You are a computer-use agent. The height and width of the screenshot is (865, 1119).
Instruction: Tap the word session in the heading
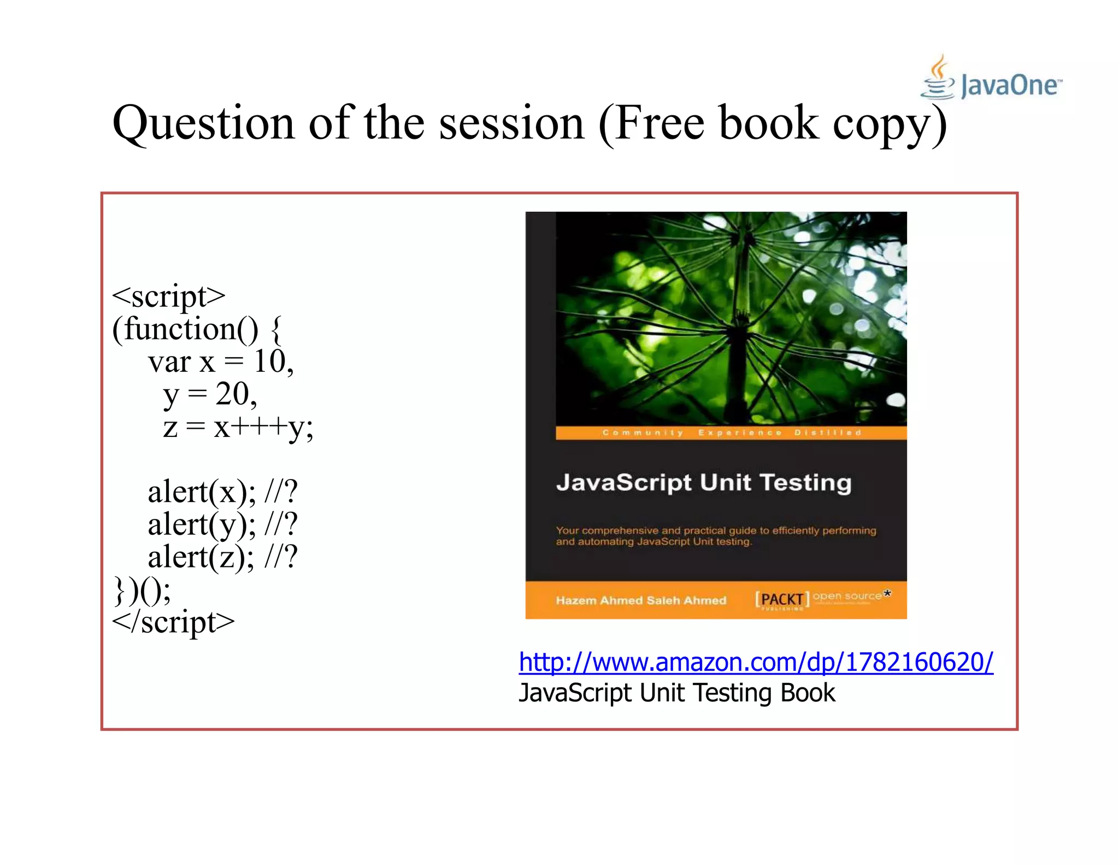tap(511, 124)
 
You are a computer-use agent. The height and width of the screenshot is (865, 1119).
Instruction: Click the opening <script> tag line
tap(168, 296)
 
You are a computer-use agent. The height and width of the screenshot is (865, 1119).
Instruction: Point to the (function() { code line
tap(197, 329)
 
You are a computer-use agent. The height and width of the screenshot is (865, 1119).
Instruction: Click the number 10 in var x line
tap(270, 362)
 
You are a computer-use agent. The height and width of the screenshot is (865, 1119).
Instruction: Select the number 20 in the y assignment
tap(232, 394)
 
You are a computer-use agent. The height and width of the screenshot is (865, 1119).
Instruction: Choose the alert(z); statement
tap(201, 557)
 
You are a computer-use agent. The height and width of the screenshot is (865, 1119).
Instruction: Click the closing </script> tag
tap(173, 622)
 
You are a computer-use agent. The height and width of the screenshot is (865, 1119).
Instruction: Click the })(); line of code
tap(142, 590)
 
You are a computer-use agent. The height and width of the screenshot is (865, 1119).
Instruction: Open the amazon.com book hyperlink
tap(756, 662)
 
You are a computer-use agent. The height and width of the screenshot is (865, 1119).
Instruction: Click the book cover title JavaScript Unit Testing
tap(704, 483)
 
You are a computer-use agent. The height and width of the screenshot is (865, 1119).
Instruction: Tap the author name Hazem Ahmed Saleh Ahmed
tap(641, 600)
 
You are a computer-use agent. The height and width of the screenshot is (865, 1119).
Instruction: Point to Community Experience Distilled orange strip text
tap(731, 432)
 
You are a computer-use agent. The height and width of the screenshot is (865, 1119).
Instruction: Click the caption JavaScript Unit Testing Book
tap(676, 693)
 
